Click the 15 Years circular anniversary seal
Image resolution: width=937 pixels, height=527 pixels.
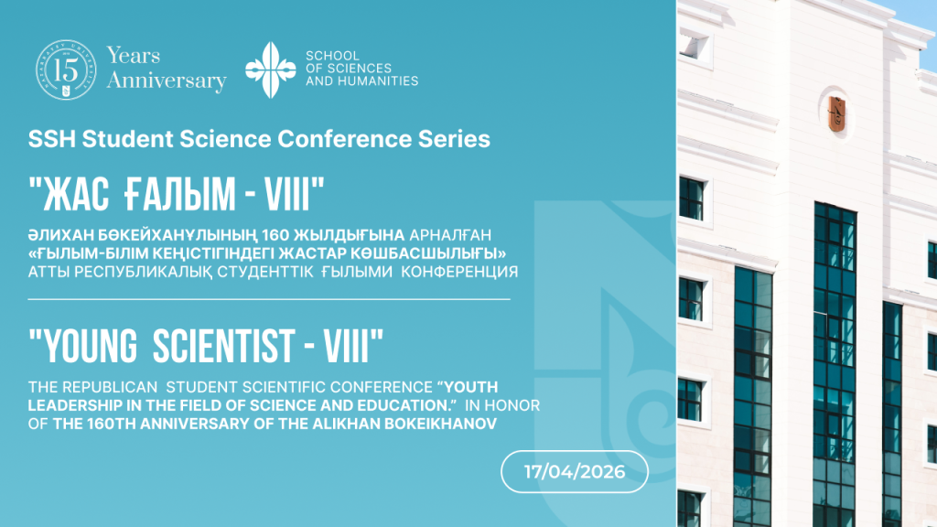[66, 70]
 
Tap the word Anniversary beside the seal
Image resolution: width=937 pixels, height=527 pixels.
[167, 81]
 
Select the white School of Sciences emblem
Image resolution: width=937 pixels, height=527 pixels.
[271, 70]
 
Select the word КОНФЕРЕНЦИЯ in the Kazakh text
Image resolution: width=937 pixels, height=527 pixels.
[459, 272]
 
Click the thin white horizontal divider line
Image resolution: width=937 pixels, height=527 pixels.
[269, 299]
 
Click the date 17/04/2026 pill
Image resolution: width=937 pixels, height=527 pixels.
[575, 471]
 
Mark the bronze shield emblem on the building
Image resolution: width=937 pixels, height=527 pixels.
[836, 113]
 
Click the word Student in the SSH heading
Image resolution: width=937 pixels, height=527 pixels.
[127, 139]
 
